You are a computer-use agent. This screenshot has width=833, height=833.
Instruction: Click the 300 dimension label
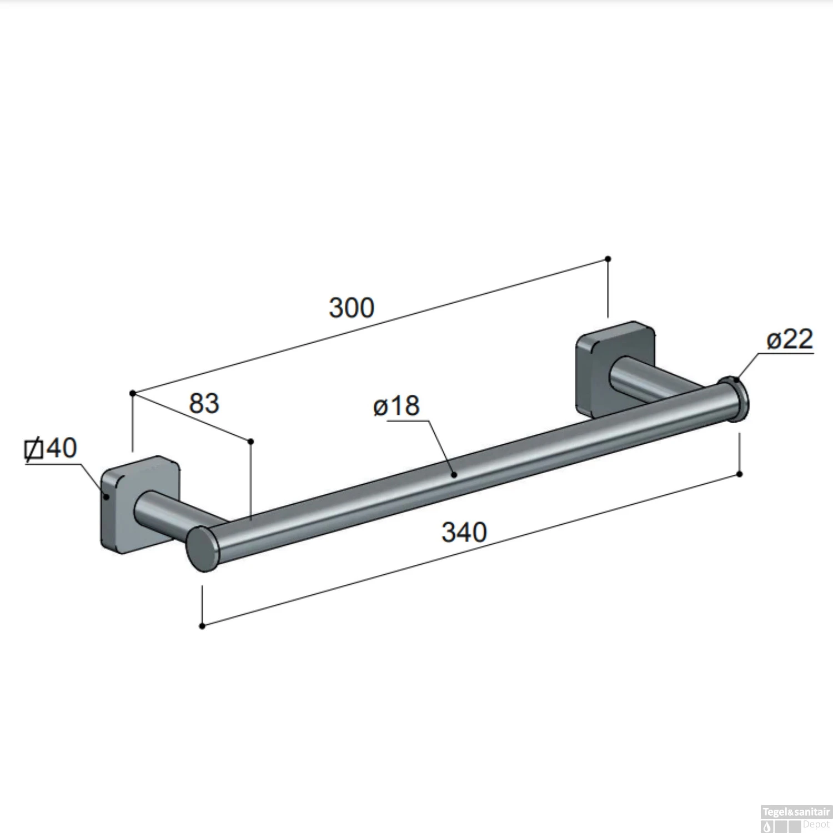coord(352,308)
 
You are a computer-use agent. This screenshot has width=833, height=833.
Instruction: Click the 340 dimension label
coord(464,532)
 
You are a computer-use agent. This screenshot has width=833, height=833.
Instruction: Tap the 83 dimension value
coord(204,403)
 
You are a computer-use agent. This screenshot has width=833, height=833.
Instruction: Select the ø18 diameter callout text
coord(396,406)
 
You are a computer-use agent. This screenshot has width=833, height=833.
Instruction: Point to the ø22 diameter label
coord(790,339)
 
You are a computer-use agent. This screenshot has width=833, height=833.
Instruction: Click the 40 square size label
coord(61,448)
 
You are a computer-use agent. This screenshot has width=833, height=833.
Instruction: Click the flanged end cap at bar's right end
coord(734,399)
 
